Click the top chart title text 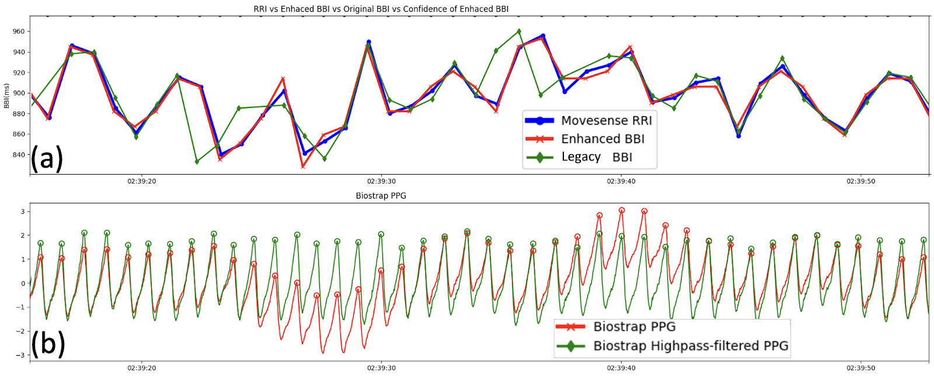(381, 9)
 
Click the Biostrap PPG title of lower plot (381, 196)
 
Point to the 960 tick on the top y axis (19, 32)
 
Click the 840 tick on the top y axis (19, 155)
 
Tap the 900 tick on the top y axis (19, 93)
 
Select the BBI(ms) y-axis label (6, 95)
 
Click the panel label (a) (47, 158)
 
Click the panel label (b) (47, 343)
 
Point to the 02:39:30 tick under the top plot (381, 181)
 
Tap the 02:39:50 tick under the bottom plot (860, 368)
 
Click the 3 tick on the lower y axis (23, 211)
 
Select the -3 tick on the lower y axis (21, 355)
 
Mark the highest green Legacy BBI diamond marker (519, 32)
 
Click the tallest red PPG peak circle (622, 210)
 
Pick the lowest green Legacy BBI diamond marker (197, 162)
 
